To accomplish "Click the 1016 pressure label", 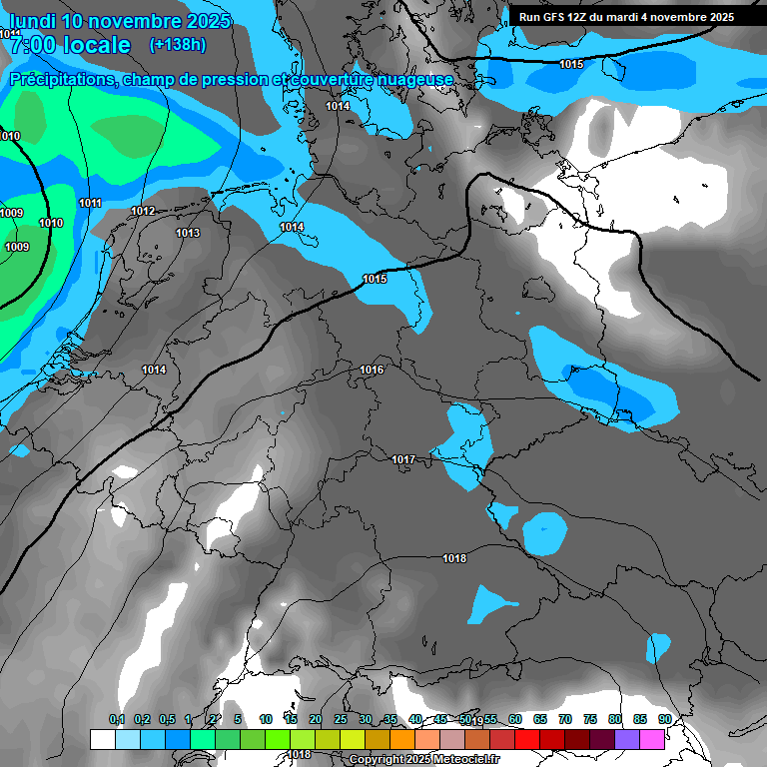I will pyautogui.click(x=372, y=371).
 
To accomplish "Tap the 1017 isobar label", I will pyautogui.click(x=403, y=459).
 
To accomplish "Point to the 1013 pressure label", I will pyautogui.click(x=188, y=234).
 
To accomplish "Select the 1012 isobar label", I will pyautogui.click(x=143, y=212).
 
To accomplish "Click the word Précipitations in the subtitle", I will pyautogui.click(x=62, y=79).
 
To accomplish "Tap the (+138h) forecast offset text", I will pyautogui.click(x=178, y=45).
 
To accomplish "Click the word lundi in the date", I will pyautogui.click(x=31, y=21).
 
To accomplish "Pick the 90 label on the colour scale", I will pyautogui.click(x=665, y=719).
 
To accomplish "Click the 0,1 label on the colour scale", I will pyautogui.click(x=117, y=719).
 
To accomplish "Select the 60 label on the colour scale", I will pyautogui.click(x=515, y=719).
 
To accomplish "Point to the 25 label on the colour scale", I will pyautogui.click(x=341, y=719).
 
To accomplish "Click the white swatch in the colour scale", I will pyautogui.click(x=102, y=739).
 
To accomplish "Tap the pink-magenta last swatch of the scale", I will pyautogui.click(x=652, y=739).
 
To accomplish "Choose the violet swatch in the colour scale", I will pyautogui.click(x=627, y=739).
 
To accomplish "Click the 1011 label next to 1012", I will pyautogui.click(x=90, y=204).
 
